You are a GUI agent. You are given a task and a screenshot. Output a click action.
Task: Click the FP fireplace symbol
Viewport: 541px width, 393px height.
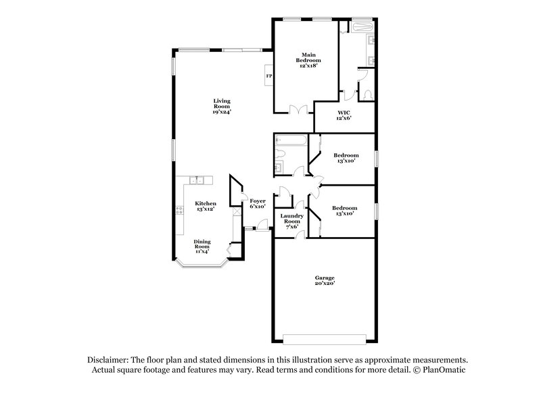pyautogui.click(x=268, y=76)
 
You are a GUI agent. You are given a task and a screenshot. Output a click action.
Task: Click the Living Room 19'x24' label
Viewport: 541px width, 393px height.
pyautogui.click(x=222, y=107)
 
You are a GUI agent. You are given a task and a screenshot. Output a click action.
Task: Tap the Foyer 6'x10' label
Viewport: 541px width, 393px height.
pyautogui.click(x=258, y=204)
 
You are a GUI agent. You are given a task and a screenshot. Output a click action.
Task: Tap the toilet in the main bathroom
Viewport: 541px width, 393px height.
pyautogui.click(x=366, y=95)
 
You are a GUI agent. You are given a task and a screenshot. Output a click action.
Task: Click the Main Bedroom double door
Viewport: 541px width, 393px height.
pyautogui.click(x=294, y=109)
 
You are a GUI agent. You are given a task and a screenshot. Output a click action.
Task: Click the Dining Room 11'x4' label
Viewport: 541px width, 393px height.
pyautogui.click(x=202, y=244)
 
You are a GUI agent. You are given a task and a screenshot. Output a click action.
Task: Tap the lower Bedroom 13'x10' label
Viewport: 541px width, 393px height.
pyautogui.click(x=344, y=211)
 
